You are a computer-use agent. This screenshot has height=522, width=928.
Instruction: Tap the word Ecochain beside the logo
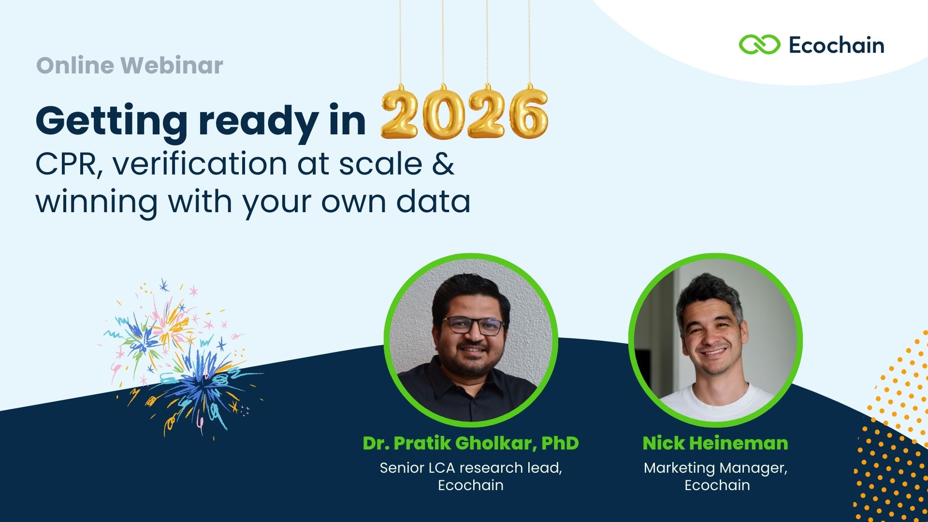[837, 45]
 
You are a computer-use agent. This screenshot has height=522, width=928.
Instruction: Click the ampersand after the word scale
[443, 163]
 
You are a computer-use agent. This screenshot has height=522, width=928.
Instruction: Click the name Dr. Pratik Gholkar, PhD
[471, 443]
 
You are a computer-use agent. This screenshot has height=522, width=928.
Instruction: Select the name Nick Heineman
[715, 443]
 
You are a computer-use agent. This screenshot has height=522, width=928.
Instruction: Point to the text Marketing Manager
[715, 468]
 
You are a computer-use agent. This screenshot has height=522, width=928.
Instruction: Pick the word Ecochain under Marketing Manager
[717, 485]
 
